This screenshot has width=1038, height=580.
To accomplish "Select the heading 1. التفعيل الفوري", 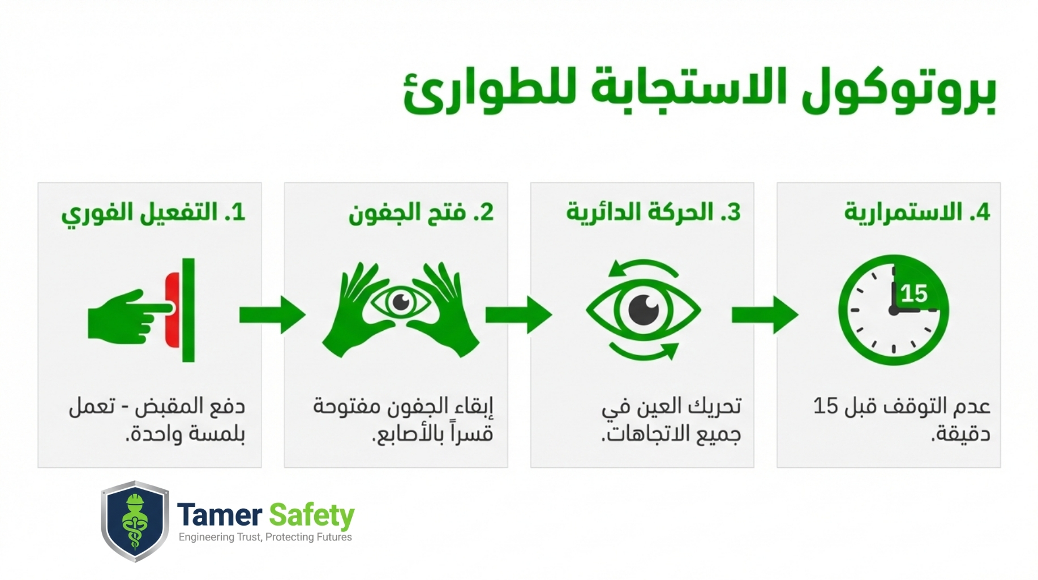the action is [x=153, y=213].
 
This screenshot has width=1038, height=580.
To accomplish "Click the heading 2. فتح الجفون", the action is [x=421, y=213].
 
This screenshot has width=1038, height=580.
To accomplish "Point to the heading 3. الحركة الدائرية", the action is [x=653, y=213].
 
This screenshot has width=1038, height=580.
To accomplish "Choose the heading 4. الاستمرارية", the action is [x=917, y=212].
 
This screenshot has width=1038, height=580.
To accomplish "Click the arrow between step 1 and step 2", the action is [x=272, y=314].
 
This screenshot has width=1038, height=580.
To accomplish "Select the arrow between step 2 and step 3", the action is [x=518, y=314].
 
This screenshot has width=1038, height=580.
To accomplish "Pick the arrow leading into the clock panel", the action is [x=765, y=314].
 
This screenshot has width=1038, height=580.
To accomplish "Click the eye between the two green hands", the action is [x=401, y=302].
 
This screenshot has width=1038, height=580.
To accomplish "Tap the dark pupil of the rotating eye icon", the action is [x=644, y=310].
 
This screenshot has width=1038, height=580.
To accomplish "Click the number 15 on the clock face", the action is [x=914, y=293].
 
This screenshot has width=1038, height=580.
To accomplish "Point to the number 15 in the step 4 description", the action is [x=825, y=406].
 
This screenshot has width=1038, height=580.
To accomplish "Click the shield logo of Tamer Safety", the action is [x=135, y=521].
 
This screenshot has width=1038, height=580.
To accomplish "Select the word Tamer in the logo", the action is [x=220, y=515].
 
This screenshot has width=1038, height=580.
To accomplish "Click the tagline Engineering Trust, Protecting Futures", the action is [x=265, y=537].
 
